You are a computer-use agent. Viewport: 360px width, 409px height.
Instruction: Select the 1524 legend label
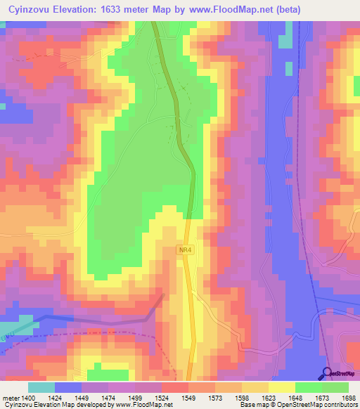[170, 397]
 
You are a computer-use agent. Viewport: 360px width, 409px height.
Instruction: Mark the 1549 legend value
[197, 397]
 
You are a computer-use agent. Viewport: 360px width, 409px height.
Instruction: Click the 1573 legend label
[224, 397]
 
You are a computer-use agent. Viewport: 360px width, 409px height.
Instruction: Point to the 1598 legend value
[250, 397]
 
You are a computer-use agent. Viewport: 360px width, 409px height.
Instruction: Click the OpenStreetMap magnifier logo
[327, 372]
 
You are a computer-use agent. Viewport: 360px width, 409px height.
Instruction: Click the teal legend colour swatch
[41, 387]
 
